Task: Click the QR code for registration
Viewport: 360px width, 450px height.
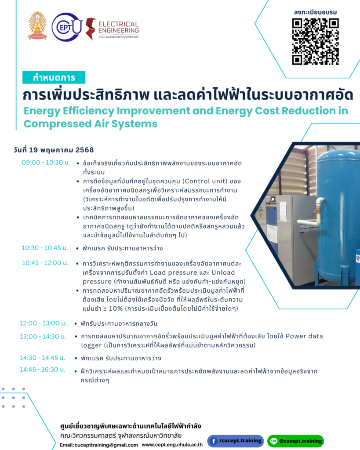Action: pyautogui.click(x=316, y=42)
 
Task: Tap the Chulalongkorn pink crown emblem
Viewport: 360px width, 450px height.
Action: pyautogui.click(x=37, y=26)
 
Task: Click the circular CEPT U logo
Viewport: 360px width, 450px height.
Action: pyautogui.click(x=67, y=27)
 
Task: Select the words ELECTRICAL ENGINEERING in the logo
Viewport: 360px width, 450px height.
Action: pyautogui.click(x=119, y=27)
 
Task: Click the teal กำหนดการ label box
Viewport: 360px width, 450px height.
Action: pyautogui.click(x=54, y=77)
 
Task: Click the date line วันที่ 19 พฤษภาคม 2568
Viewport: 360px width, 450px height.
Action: pyautogui.click(x=53, y=150)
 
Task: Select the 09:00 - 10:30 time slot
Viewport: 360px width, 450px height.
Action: pyautogui.click(x=46, y=163)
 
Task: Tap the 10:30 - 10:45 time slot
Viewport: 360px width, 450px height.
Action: pyautogui.click(x=45, y=248)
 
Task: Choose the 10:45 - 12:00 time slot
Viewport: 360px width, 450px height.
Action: pyautogui.click(x=45, y=263)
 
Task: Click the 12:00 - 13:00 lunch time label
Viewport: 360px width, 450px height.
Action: pyautogui.click(x=43, y=323)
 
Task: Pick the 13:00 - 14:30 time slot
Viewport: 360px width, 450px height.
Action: pyautogui.click(x=43, y=336)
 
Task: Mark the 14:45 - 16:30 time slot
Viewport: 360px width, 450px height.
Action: pyautogui.click(x=43, y=370)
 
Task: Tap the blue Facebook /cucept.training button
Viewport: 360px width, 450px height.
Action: pyautogui.click(x=236, y=441)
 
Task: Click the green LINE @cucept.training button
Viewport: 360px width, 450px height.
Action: pyautogui.click(x=295, y=441)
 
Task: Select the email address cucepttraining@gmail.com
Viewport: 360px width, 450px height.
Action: pyautogui.click(x=106, y=445)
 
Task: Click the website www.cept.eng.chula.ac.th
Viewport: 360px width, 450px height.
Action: pyautogui.click(x=172, y=445)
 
